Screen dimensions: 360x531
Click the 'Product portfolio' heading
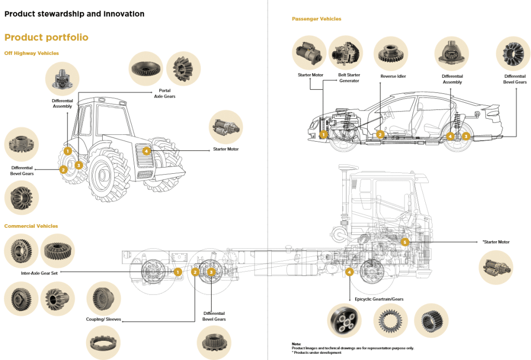(x=46, y=37)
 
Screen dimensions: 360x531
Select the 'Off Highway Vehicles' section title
(x=32, y=53)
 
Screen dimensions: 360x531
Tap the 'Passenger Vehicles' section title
(x=316, y=19)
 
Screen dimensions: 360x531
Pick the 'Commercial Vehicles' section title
(x=31, y=226)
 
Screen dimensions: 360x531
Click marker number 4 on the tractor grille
(x=147, y=151)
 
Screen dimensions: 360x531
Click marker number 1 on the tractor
(x=67, y=151)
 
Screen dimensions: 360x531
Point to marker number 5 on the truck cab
(x=405, y=242)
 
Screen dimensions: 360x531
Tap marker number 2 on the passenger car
(x=380, y=134)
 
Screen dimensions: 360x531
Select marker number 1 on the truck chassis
(x=177, y=272)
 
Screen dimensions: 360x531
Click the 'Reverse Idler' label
(x=393, y=76)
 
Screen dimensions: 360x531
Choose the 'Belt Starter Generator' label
(x=349, y=78)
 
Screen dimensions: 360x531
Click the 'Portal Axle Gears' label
(x=164, y=93)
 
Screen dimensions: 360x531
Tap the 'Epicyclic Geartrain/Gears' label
(x=379, y=299)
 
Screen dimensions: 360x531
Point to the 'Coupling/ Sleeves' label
(x=103, y=320)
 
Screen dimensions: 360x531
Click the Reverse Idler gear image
(x=390, y=53)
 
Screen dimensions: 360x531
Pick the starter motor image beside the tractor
(x=226, y=128)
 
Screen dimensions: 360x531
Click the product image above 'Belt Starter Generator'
(x=345, y=53)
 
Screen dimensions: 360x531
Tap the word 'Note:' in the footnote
(x=296, y=344)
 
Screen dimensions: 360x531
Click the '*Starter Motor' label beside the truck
(x=496, y=242)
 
